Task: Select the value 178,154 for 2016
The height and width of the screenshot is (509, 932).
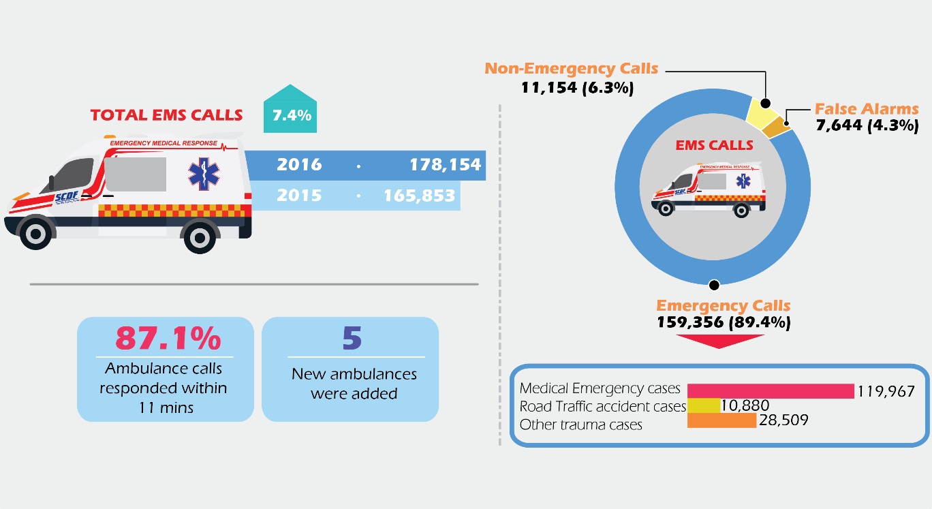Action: (445, 165)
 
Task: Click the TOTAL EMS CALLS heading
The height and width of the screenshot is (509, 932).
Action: (166, 115)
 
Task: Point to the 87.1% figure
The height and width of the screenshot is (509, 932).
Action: (168, 339)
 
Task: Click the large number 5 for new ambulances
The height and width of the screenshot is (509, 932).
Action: (352, 339)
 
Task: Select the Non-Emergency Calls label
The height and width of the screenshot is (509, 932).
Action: (571, 69)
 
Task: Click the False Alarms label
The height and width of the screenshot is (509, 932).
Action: (867, 109)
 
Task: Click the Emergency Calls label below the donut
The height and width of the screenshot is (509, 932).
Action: (723, 306)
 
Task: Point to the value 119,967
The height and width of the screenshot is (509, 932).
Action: (885, 391)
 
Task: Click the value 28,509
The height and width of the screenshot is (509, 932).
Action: (783, 420)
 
